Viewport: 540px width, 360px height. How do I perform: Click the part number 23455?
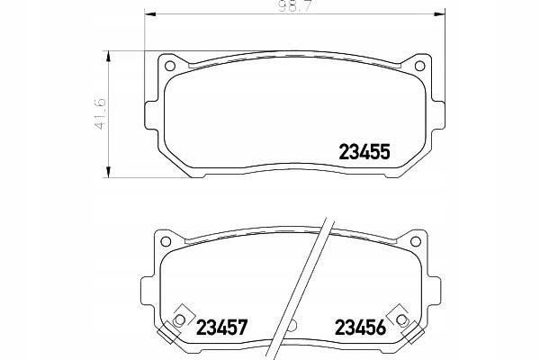click(364, 152)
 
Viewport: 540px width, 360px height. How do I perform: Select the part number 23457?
click(221, 328)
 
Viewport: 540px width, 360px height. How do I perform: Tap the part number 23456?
click(361, 328)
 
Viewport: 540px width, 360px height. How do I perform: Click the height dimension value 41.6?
click(100, 114)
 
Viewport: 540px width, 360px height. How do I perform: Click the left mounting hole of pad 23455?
click(170, 66)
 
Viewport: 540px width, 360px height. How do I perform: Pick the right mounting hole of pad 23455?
click(419, 66)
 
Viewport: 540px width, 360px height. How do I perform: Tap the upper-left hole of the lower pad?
click(166, 241)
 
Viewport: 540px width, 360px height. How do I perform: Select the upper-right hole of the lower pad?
click(416, 241)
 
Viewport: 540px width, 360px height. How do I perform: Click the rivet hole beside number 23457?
click(180, 320)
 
